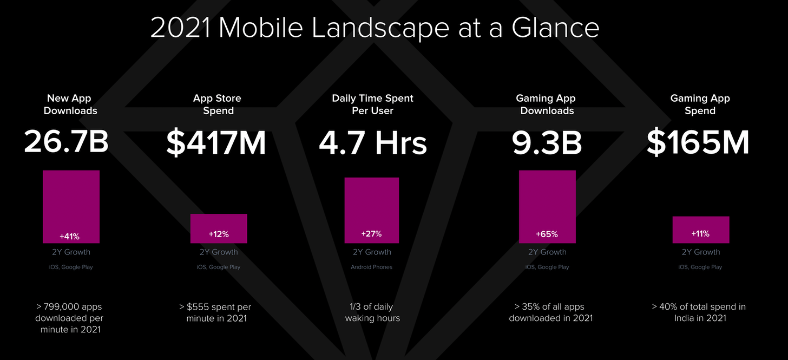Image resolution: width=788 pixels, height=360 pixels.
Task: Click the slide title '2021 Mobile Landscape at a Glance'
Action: (375, 28)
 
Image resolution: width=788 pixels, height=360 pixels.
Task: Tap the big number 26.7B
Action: (67, 142)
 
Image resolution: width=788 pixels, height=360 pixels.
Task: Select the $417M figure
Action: (216, 142)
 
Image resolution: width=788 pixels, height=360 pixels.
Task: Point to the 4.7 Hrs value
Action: (372, 143)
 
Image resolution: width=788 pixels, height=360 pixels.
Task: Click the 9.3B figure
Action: (547, 143)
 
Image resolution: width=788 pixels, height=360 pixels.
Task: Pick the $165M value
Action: (698, 142)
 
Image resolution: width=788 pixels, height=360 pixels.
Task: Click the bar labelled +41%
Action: (71, 206)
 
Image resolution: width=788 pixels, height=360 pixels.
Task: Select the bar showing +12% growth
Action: (219, 228)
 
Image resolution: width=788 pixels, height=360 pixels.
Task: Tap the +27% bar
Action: (372, 210)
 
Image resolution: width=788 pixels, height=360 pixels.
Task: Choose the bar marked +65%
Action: (547, 206)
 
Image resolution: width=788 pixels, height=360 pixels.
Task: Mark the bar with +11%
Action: (700, 230)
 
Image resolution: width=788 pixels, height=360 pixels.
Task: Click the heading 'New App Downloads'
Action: (70, 104)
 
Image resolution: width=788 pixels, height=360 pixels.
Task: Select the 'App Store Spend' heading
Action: (218, 104)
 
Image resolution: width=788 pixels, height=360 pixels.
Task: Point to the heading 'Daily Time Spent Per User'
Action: (372, 104)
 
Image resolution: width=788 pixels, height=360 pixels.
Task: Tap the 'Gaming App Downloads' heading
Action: (546, 104)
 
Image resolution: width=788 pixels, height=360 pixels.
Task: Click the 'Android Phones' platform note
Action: (372, 267)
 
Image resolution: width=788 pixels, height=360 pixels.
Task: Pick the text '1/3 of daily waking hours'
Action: (372, 312)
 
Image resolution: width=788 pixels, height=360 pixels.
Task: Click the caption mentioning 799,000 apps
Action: (69, 318)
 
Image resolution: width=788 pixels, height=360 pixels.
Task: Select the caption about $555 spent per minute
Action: (215, 312)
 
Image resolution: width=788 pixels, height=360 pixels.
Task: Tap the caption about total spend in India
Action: (699, 312)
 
